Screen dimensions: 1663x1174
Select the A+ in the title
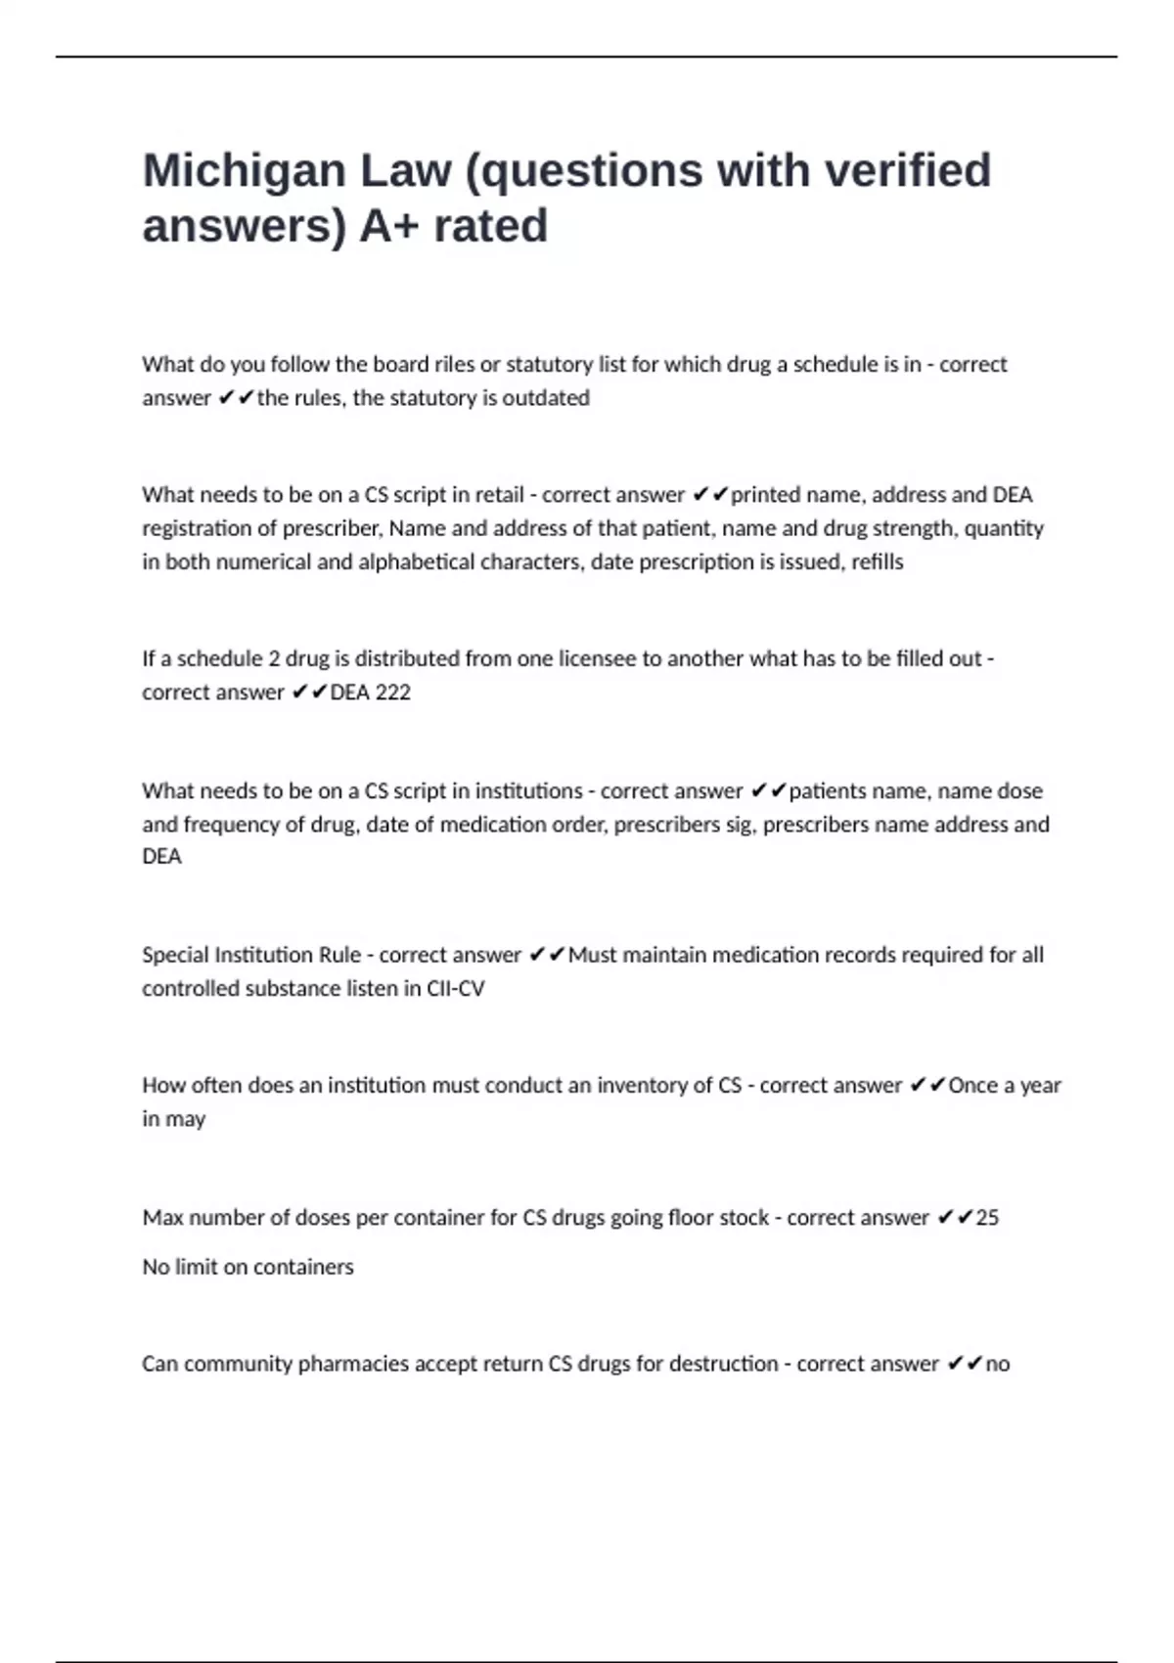tap(388, 226)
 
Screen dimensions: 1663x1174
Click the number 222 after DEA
tap(392, 693)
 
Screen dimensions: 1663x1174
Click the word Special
tap(174, 955)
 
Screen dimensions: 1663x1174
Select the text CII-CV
tap(456, 989)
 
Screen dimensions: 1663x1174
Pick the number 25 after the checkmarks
tap(987, 1218)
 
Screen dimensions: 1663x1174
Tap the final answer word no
tap(998, 1364)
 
